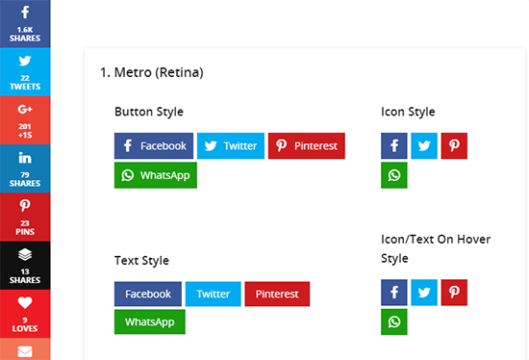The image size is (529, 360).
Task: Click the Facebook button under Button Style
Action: coord(154,146)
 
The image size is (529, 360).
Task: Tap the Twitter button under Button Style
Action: coord(230,146)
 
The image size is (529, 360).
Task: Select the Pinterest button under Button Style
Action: coord(306,146)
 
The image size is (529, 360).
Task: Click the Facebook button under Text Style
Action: coord(147,295)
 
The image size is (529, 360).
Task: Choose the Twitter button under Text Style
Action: coord(213,295)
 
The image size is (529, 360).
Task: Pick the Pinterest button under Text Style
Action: coord(277,295)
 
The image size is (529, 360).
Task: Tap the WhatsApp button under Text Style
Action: coord(149,322)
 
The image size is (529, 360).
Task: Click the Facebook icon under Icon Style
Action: coord(394,146)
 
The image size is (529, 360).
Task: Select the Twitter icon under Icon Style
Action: coord(424,146)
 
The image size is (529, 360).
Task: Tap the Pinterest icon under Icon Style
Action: coord(454,146)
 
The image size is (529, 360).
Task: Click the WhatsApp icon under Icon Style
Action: coord(394,176)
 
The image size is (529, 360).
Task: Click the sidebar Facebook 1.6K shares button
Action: coord(25,23)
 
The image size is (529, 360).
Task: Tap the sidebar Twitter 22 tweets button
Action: coord(25,71)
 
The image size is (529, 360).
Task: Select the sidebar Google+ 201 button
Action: coord(25,119)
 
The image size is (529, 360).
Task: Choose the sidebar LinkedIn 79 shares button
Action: coord(25,167)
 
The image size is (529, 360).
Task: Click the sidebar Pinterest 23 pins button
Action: coord(25,216)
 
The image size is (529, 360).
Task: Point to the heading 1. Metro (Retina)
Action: coord(151,72)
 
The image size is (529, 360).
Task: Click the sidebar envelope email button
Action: coord(25,351)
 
